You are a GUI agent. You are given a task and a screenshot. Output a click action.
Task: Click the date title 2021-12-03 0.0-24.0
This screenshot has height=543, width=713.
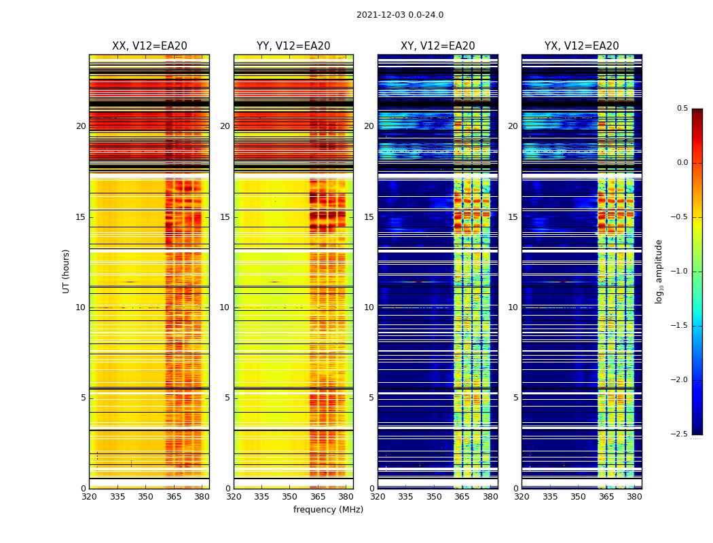[x=399, y=15]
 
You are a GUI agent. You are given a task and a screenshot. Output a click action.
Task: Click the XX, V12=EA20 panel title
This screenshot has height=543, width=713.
[x=149, y=46]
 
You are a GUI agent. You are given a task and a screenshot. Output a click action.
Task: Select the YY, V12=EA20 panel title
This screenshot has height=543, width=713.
[x=293, y=46]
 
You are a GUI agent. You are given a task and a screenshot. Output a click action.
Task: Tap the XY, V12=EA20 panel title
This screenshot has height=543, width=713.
[x=437, y=46]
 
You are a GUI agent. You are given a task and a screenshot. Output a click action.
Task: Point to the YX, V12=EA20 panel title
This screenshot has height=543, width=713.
[x=581, y=46]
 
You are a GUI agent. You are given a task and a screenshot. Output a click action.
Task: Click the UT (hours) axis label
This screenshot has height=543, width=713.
[x=66, y=271]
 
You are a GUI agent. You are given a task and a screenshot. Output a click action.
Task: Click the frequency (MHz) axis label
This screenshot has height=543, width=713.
[x=328, y=510]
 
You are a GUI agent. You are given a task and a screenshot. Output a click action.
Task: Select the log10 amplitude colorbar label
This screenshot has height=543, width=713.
[x=659, y=271]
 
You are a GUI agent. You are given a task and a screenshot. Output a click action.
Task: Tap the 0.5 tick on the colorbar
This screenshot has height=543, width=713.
[x=682, y=109]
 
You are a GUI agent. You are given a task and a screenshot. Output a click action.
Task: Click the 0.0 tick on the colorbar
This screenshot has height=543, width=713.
[x=682, y=163]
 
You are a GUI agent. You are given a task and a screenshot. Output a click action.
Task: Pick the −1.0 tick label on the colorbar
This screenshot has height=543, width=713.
[x=680, y=271]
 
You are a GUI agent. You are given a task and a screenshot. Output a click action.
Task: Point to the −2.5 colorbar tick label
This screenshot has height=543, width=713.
[x=680, y=434]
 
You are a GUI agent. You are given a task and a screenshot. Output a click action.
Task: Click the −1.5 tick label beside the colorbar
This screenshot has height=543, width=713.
[x=680, y=326]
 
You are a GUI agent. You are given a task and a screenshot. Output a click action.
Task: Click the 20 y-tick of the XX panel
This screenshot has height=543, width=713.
[x=81, y=126]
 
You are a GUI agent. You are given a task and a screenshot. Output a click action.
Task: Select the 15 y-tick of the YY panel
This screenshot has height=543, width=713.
[x=225, y=217]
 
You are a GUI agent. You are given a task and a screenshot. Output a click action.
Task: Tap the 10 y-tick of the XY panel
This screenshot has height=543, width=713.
[x=369, y=307]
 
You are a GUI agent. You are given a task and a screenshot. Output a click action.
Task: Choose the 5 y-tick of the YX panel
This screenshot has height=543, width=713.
[x=515, y=398]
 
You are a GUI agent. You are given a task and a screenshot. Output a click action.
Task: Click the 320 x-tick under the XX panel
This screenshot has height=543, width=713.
[x=89, y=497]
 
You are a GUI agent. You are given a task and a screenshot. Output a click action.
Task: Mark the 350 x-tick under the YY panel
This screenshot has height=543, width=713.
[x=290, y=497]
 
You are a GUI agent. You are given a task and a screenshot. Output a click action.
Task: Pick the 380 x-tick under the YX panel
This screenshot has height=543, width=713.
[x=634, y=497]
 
